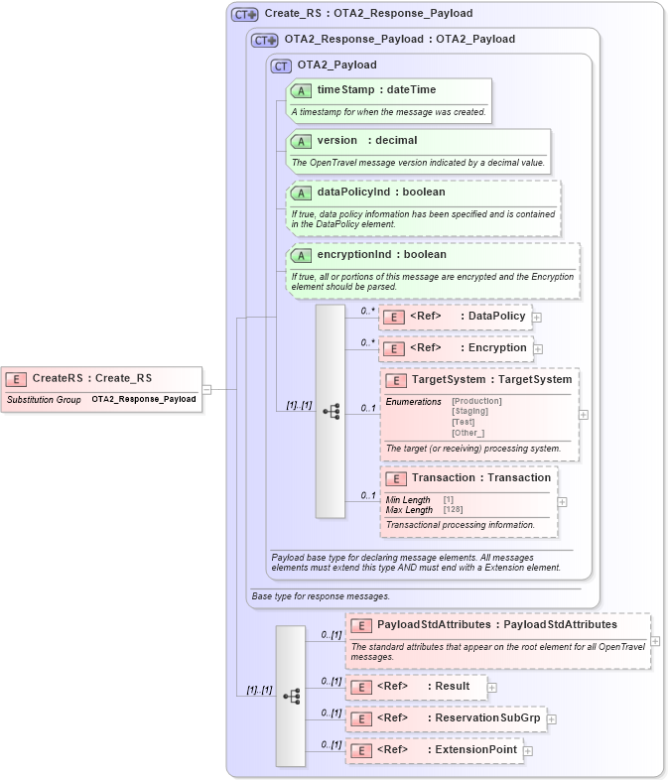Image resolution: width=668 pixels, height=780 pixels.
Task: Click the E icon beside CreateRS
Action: (x=16, y=378)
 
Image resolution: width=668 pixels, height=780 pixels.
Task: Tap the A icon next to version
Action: (x=301, y=141)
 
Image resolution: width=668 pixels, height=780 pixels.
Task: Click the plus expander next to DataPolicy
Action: (x=537, y=318)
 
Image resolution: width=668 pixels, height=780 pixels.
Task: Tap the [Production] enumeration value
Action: (x=476, y=401)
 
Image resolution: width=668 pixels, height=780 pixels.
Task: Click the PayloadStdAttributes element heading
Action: (x=496, y=625)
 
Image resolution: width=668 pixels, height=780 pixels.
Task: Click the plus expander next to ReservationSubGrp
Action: (x=552, y=719)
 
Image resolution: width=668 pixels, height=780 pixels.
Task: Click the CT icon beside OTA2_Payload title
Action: (x=281, y=65)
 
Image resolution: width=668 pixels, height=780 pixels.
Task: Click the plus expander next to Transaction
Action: (x=563, y=502)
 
